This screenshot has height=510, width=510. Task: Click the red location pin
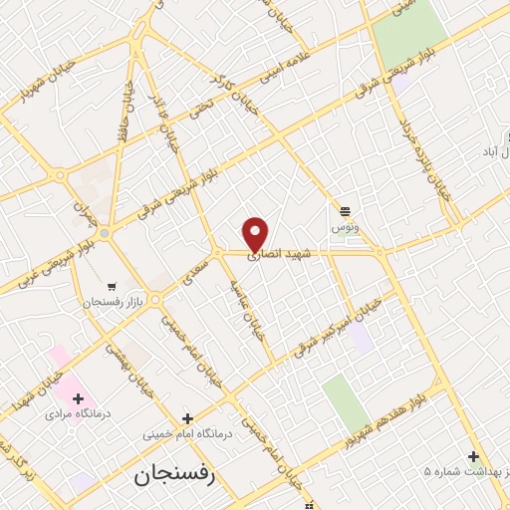(x=256, y=232)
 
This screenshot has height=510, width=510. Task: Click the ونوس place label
(x=345, y=228)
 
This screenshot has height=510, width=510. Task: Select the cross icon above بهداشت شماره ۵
(x=473, y=455)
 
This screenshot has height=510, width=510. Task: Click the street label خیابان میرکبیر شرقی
(x=337, y=326)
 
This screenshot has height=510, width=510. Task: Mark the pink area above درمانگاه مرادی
(x=59, y=356)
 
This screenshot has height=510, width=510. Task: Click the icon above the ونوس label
(x=345, y=210)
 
